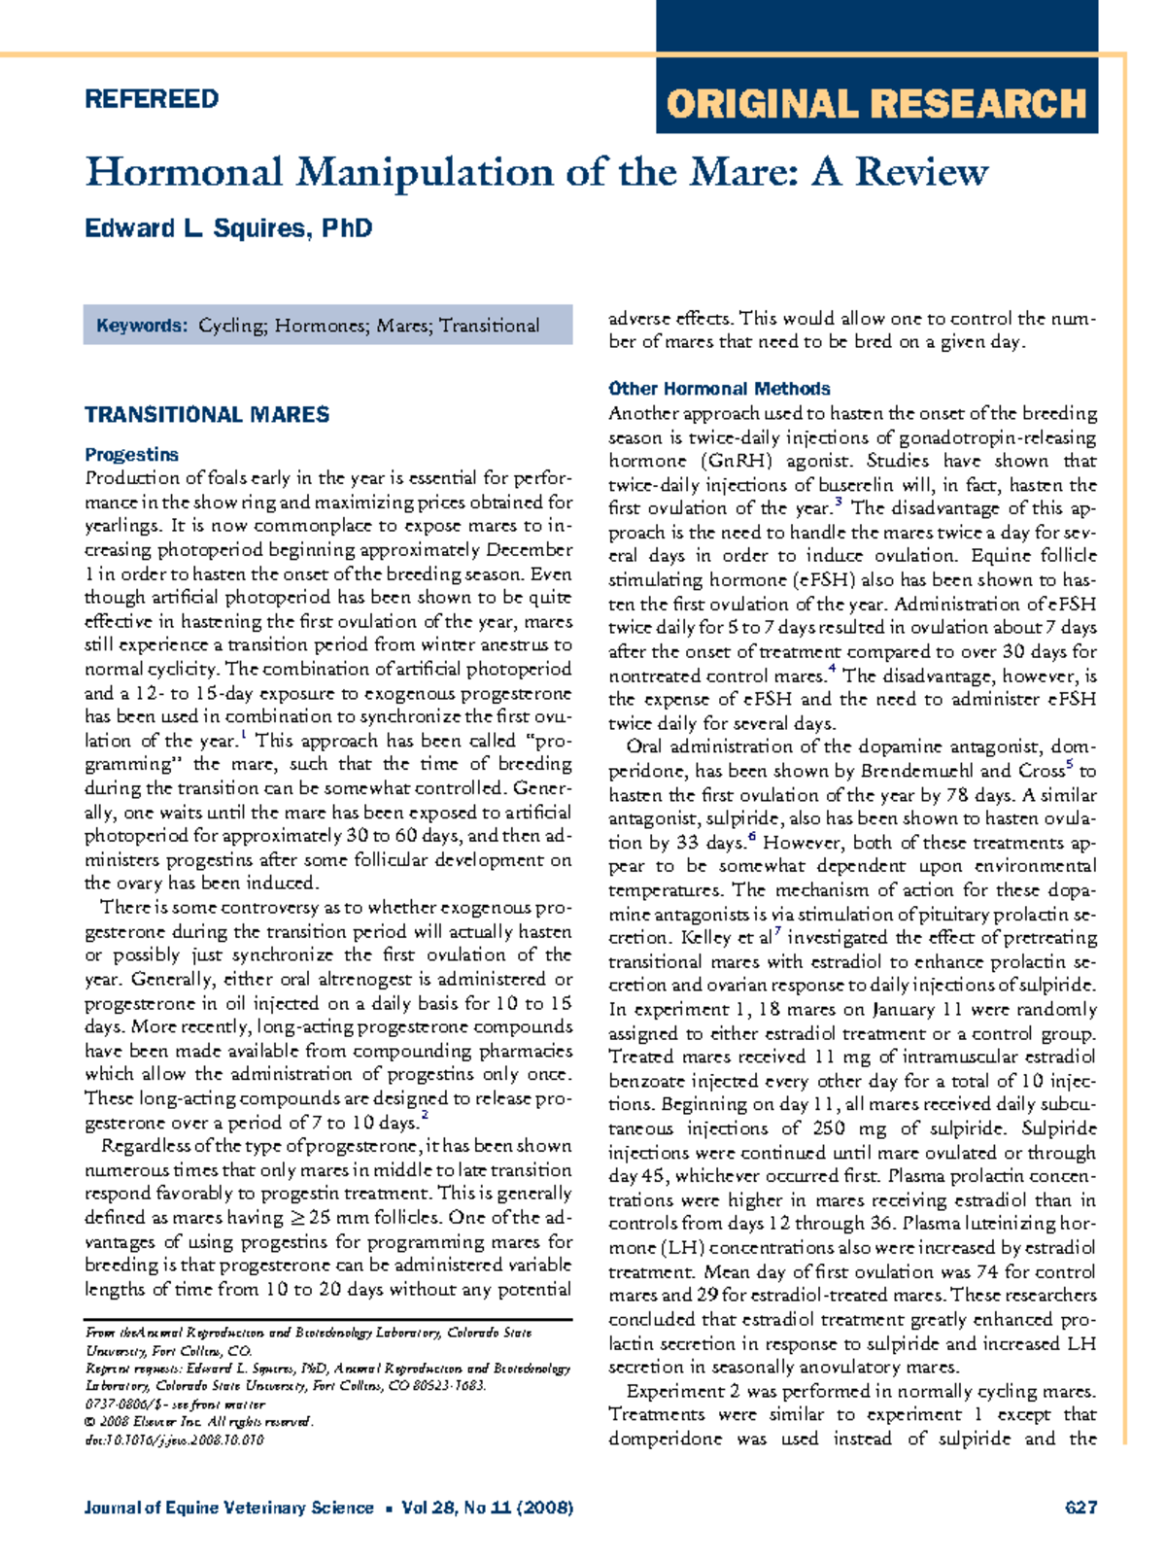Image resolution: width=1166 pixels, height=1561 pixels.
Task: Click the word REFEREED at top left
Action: click(152, 99)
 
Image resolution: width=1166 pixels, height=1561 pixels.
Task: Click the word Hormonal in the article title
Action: click(184, 173)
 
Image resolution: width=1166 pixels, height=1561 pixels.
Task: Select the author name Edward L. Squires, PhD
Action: click(228, 228)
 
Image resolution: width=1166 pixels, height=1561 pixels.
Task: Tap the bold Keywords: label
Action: click(141, 326)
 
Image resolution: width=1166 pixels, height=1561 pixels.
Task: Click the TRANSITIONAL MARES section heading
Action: click(207, 415)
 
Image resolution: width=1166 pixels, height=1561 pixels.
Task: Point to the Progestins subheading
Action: click(131, 455)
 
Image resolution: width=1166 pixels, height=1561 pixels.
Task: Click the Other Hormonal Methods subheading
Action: click(719, 389)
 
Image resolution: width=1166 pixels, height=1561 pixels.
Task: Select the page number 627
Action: click(1080, 1508)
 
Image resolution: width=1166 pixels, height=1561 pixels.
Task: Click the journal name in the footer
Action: click(228, 1508)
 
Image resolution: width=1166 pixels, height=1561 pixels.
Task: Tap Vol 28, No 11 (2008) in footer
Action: click(487, 1508)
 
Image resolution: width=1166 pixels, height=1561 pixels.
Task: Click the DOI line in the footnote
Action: click(174, 1440)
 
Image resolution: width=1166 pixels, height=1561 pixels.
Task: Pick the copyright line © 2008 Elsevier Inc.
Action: click(199, 1422)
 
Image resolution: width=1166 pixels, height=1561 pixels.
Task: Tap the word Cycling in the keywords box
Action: click(232, 326)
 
